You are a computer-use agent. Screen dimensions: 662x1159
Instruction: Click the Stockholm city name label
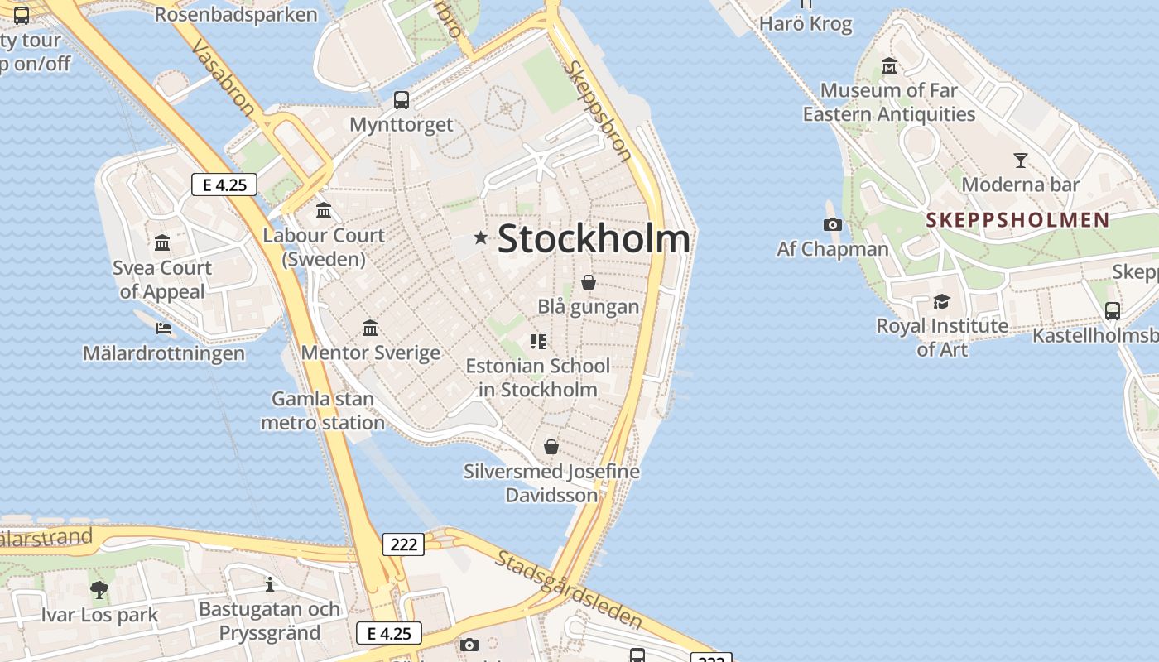(x=594, y=239)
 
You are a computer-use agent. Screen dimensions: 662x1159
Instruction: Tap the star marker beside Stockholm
(x=480, y=238)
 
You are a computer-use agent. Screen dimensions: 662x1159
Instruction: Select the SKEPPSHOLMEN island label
(x=1017, y=220)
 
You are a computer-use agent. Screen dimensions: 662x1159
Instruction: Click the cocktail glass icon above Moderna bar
(x=1020, y=161)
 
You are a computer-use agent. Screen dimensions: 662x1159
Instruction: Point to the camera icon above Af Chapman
(x=832, y=224)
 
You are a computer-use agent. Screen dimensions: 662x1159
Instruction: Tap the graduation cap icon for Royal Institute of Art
(x=941, y=301)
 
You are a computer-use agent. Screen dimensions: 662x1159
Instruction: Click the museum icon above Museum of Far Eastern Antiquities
(x=889, y=65)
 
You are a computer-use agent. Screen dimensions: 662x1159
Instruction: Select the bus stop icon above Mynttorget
(x=402, y=100)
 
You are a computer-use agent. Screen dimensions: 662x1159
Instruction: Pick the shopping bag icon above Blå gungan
(x=589, y=282)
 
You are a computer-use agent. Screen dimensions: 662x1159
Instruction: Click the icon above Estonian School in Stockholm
(x=538, y=341)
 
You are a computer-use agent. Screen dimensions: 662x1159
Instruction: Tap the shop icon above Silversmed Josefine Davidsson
(x=551, y=448)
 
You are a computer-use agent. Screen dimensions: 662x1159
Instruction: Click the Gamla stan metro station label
(x=323, y=410)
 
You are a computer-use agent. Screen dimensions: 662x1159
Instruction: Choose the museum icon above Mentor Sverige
(x=370, y=329)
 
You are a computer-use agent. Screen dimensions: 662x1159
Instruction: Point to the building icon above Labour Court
(x=324, y=211)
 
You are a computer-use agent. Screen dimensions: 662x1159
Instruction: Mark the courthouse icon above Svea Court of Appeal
(x=162, y=243)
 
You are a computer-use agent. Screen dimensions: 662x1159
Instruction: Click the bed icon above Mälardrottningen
(x=164, y=329)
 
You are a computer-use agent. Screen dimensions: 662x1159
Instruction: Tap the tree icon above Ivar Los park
(x=99, y=590)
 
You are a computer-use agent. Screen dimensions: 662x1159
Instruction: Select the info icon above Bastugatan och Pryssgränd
(x=270, y=584)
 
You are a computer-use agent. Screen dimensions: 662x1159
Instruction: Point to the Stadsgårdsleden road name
(x=569, y=588)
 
